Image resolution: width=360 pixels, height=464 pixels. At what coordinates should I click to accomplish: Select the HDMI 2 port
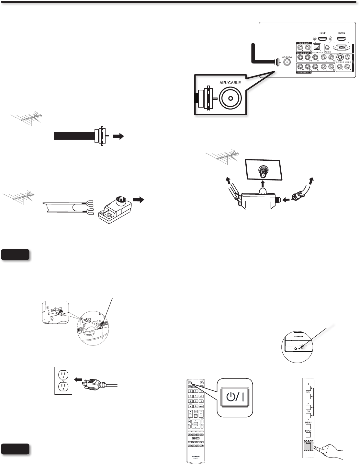tap(342, 39)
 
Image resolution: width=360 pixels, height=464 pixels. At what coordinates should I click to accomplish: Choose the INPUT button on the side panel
tap(308, 435)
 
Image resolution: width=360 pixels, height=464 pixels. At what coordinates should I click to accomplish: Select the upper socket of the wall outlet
tap(63, 375)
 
